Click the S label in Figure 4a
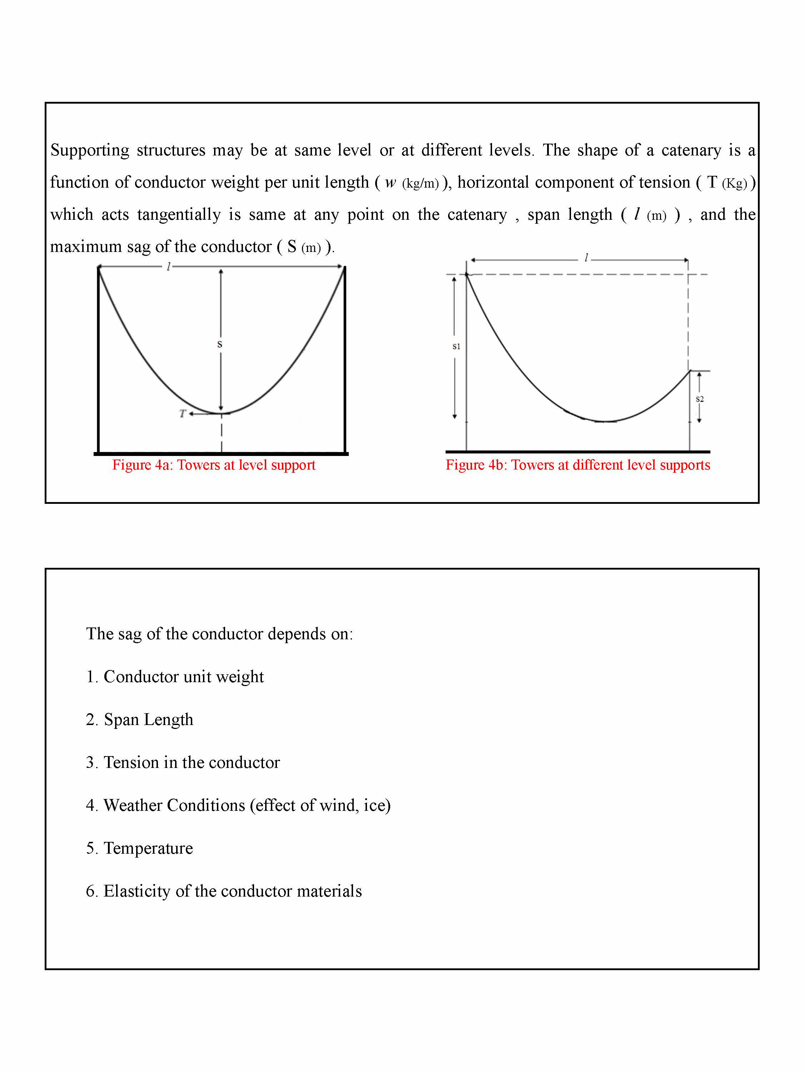pos(219,344)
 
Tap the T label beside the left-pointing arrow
pos(182,413)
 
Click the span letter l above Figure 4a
pos(168,267)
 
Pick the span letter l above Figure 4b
pos(586,258)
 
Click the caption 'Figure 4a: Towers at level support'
pos(214,465)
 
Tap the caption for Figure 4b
pos(578,465)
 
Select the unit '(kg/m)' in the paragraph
pos(420,184)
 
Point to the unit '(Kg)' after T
pos(734,184)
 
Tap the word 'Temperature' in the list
pos(148,848)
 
